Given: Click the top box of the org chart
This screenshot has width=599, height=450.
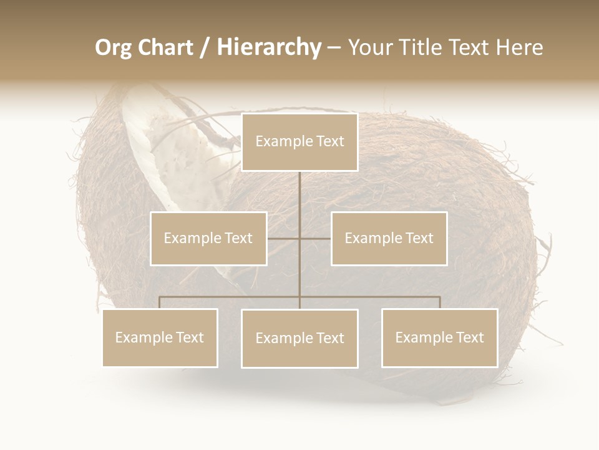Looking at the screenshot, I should tap(299, 142).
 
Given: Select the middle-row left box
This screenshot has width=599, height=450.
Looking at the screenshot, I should tap(208, 238).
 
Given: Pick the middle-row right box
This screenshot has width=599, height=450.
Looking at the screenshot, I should tap(389, 238).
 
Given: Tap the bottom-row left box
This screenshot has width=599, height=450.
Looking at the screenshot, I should tap(160, 337).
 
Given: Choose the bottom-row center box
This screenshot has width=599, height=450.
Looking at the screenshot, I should tap(299, 338).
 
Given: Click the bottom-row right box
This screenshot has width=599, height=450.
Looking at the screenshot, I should tap(439, 337).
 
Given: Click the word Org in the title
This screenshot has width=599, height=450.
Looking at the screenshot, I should tap(114, 47).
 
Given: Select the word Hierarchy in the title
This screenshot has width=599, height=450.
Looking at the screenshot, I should tap(268, 47).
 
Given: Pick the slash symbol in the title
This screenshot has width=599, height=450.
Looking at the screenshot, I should tap(205, 47).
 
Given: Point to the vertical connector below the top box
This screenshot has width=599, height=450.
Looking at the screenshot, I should tap(299, 194).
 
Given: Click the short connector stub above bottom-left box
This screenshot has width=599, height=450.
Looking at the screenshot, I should tap(160, 302).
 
